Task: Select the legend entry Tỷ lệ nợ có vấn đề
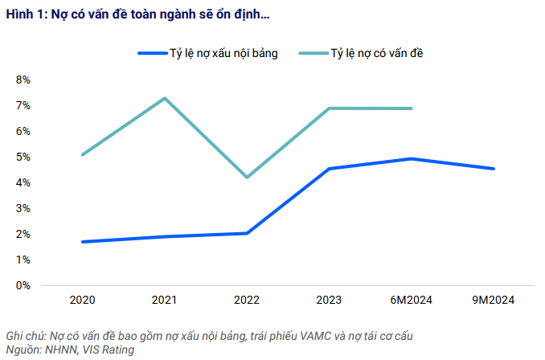[377, 53]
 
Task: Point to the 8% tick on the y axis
[23, 80]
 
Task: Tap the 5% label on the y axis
[23, 157]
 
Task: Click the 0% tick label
[23, 285]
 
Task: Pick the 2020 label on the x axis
[83, 301]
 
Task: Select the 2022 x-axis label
[248, 301]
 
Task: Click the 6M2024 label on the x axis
[412, 301]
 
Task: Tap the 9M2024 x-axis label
[494, 301]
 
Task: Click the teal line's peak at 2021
[165, 98]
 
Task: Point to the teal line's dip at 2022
[248, 177]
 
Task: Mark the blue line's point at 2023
[330, 169]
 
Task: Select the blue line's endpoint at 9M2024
[494, 169]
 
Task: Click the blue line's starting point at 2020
[83, 242]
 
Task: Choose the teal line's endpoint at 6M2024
[412, 108]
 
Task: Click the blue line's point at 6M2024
[412, 158]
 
